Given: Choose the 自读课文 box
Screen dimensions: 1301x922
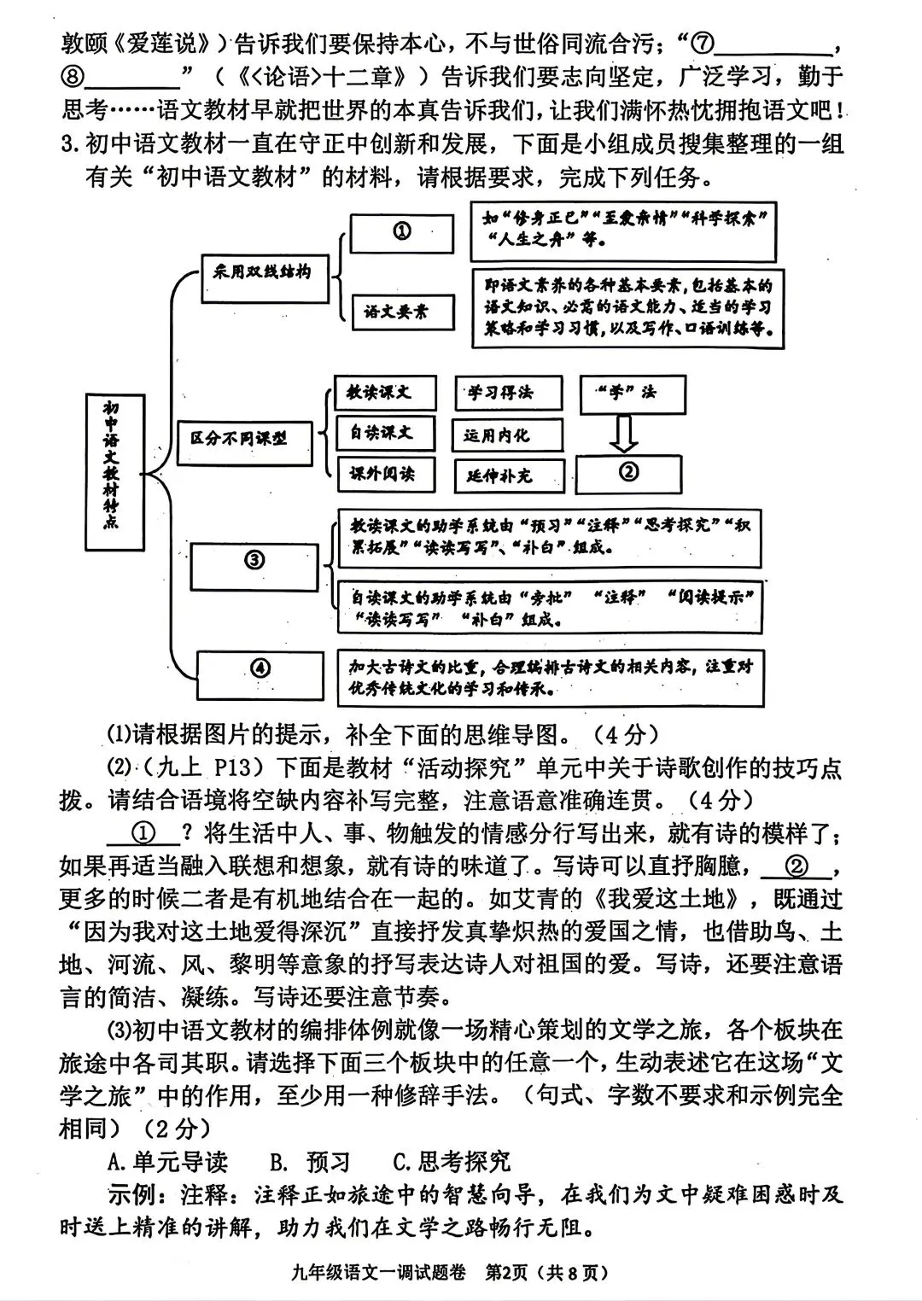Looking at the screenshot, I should click(x=384, y=434).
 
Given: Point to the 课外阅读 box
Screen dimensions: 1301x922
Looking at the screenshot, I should click(x=384, y=474).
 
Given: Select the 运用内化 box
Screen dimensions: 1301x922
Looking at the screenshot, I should click(x=507, y=435).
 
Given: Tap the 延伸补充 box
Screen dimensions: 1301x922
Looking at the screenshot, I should click(x=509, y=476).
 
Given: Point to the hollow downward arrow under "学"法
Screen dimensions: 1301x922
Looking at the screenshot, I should click(x=625, y=433).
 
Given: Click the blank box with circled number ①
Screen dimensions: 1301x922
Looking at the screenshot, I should click(x=401, y=232).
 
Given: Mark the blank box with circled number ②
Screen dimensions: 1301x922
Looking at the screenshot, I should click(x=628, y=473).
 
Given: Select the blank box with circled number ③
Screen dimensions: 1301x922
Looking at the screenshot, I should click(x=255, y=562).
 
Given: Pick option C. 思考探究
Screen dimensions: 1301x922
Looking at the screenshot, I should click(x=452, y=1162).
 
